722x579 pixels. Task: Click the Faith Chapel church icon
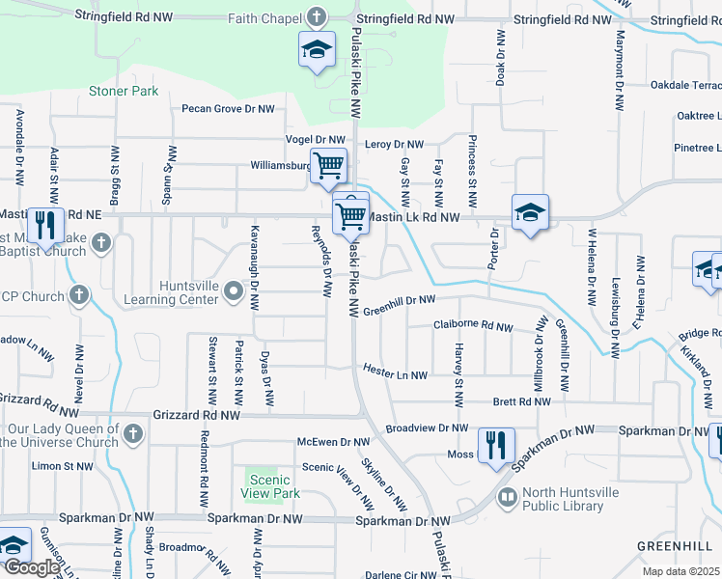pyautogui.click(x=317, y=17)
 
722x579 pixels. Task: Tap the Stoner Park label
pyautogui.click(x=123, y=91)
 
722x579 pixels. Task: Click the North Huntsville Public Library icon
pyautogui.click(x=508, y=499)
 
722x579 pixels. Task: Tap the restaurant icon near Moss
pyautogui.click(x=497, y=446)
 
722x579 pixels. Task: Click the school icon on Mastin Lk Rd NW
pyautogui.click(x=530, y=213)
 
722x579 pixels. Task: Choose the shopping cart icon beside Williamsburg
pyautogui.click(x=328, y=166)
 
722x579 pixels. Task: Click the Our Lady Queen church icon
pyautogui.click(x=133, y=435)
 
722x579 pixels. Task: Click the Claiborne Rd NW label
pyautogui.click(x=473, y=326)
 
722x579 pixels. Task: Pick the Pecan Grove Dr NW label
pyautogui.click(x=229, y=109)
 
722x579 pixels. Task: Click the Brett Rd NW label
pyautogui.click(x=521, y=401)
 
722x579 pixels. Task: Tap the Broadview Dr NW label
pyautogui.click(x=426, y=427)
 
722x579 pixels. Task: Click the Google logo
pyautogui.click(x=33, y=567)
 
